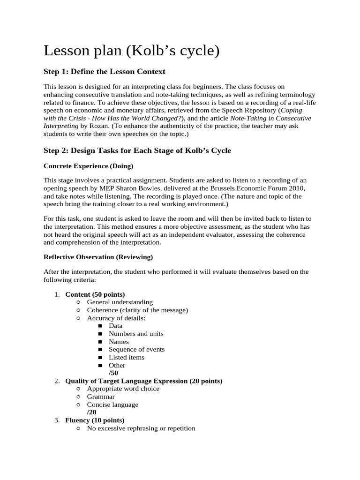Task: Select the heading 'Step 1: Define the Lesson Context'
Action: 104,71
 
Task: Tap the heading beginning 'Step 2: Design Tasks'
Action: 137,150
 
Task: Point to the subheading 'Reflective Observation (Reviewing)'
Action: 98,257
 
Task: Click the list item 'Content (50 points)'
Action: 95,294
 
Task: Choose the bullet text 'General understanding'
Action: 120,302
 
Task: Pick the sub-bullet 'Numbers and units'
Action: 136,334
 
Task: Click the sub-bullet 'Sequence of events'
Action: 136,349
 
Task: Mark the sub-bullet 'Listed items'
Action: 127,357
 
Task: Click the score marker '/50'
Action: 113,373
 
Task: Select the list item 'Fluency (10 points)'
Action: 95,420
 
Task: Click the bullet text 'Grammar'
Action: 101,397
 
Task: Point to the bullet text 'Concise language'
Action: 112,405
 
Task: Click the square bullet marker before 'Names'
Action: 100,342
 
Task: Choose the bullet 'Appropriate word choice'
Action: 123,389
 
